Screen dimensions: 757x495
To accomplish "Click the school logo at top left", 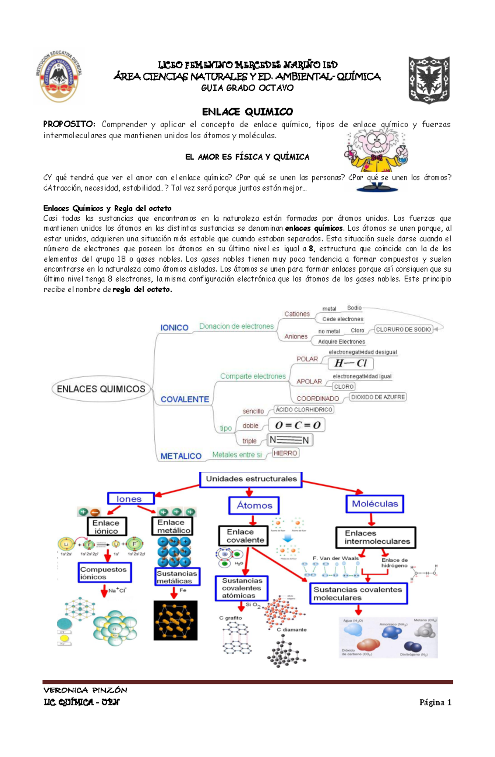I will [x=59, y=77].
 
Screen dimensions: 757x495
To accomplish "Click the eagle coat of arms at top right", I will [x=429, y=79].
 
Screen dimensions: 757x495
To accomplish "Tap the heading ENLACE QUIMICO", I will [x=247, y=111].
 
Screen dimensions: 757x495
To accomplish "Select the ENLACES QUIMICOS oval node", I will [x=101, y=389].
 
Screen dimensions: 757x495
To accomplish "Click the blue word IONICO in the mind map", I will [x=174, y=328].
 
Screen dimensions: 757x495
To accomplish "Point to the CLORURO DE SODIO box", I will [x=403, y=329].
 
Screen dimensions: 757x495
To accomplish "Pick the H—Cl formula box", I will [x=351, y=363].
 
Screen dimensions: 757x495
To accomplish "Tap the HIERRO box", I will [x=285, y=453].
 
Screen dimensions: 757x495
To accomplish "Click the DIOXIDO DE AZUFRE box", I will [x=378, y=397].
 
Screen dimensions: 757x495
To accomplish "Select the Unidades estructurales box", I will [x=251, y=479].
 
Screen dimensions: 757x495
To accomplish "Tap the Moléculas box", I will [x=375, y=504].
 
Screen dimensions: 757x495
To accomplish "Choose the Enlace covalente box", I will [x=243, y=536].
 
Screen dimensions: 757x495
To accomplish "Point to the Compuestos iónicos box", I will [x=105, y=572].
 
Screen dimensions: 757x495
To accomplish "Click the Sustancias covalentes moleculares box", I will [x=358, y=594].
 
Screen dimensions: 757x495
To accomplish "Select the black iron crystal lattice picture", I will [x=175, y=620].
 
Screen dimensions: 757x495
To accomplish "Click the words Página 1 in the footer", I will [x=435, y=703].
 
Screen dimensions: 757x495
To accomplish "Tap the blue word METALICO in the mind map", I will [x=181, y=456].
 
